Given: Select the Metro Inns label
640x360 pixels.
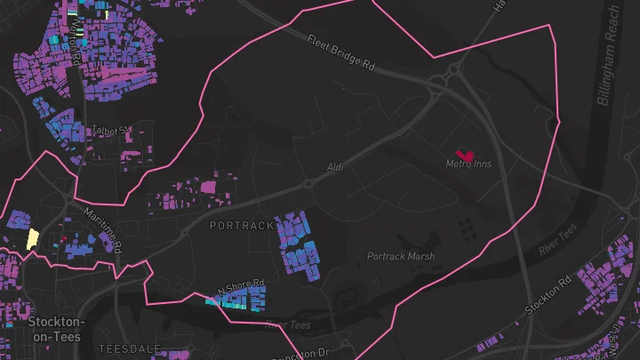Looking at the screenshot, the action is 468,164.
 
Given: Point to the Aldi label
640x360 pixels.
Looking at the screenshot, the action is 334,166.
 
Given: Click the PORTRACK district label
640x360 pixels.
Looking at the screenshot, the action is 242,226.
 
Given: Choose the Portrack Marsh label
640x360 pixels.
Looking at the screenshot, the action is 401,257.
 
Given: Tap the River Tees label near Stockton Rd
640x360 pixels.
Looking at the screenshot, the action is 557,241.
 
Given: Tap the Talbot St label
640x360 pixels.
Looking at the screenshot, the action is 112,130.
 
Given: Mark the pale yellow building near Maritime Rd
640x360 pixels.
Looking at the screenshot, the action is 33,238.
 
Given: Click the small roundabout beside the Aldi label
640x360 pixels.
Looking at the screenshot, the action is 308,183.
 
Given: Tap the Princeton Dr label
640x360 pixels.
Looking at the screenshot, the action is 307,354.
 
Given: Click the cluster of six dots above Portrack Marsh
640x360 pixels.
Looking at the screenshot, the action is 465,228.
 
